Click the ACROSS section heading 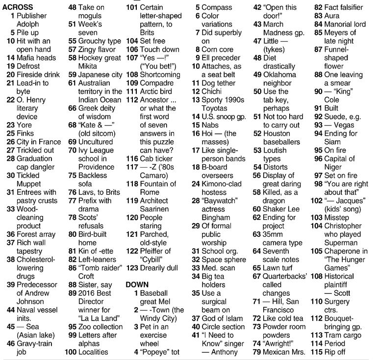18,7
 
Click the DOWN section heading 137,284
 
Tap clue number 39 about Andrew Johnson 10,284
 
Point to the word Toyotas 215,108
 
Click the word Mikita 90,66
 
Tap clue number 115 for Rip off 317,352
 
